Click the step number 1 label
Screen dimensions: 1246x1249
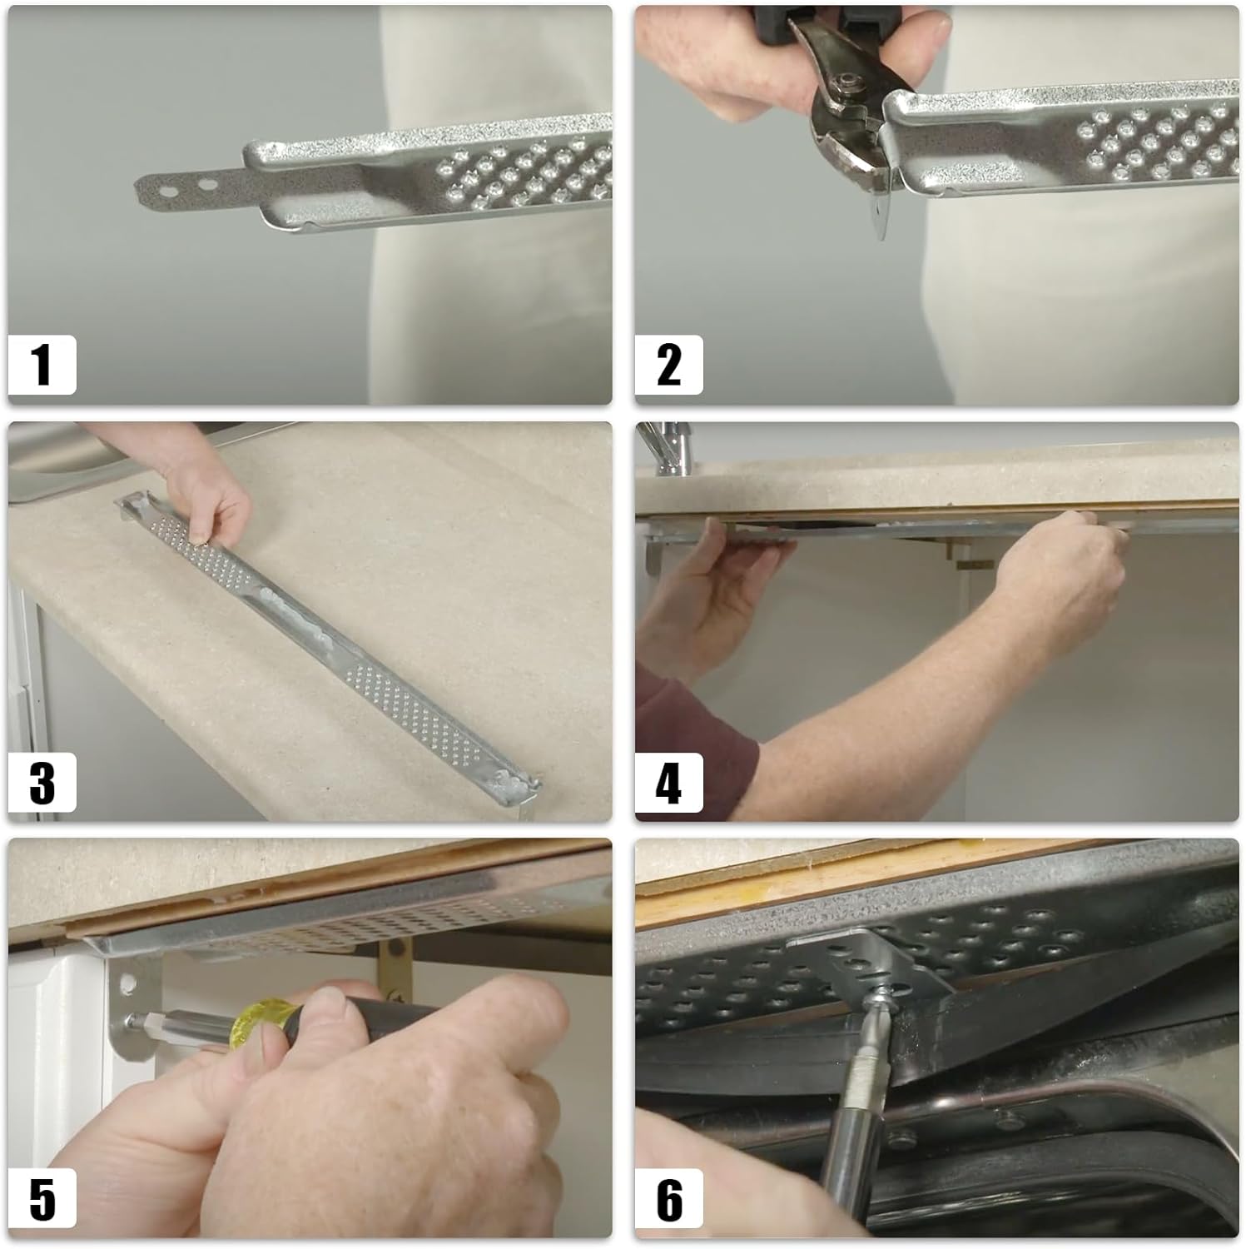(x=42, y=365)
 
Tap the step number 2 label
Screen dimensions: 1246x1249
(x=668, y=365)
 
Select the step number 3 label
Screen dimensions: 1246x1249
(x=42, y=782)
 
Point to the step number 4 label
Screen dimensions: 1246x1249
(x=668, y=783)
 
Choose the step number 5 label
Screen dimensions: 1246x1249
(x=42, y=1199)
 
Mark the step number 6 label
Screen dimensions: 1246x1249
(x=668, y=1200)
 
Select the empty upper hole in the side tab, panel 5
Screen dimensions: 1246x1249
(x=127, y=984)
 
